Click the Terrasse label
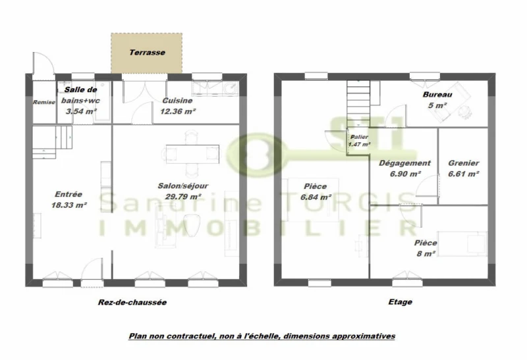(x=147, y=53)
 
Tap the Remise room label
(x=44, y=102)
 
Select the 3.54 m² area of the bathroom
(x=81, y=111)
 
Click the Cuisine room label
(x=177, y=101)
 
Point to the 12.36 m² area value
(x=178, y=111)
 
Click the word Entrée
(x=69, y=194)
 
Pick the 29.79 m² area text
(x=183, y=197)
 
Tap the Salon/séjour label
(x=183, y=186)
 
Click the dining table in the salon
(x=192, y=154)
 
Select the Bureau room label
(x=437, y=95)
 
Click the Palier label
(x=359, y=137)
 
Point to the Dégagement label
(x=404, y=163)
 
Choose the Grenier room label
(x=464, y=163)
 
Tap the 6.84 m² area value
(x=316, y=197)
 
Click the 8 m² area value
(x=426, y=253)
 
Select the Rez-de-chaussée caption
(x=132, y=302)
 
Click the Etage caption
(x=401, y=302)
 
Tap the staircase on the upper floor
(x=358, y=99)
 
